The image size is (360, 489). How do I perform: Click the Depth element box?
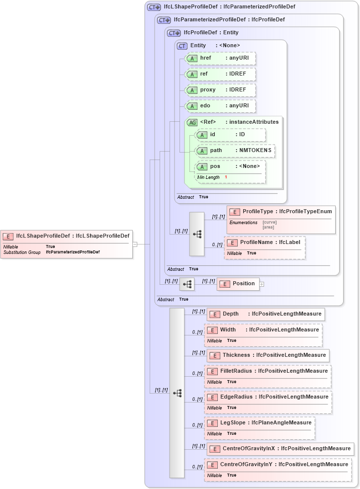[266, 314]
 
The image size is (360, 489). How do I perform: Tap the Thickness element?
[268, 355]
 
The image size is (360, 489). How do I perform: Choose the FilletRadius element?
[268, 371]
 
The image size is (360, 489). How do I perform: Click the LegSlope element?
[260, 423]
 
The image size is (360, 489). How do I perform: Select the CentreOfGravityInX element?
[280, 449]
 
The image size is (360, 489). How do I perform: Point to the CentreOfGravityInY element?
[278, 465]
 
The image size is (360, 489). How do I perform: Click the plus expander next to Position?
[262, 284]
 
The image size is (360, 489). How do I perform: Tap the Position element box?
[238, 284]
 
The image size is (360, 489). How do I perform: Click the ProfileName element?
[265, 242]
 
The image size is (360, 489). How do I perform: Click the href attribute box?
[220, 58]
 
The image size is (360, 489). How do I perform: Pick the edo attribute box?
[220, 106]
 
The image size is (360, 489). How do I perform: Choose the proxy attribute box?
[220, 90]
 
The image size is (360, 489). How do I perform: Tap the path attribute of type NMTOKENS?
[235, 150]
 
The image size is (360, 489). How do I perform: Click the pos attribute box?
[230, 166]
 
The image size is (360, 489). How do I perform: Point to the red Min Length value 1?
[226, 177]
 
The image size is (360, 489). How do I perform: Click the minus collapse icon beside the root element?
[135, 244]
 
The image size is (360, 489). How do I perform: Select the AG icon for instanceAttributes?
[191, 122]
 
